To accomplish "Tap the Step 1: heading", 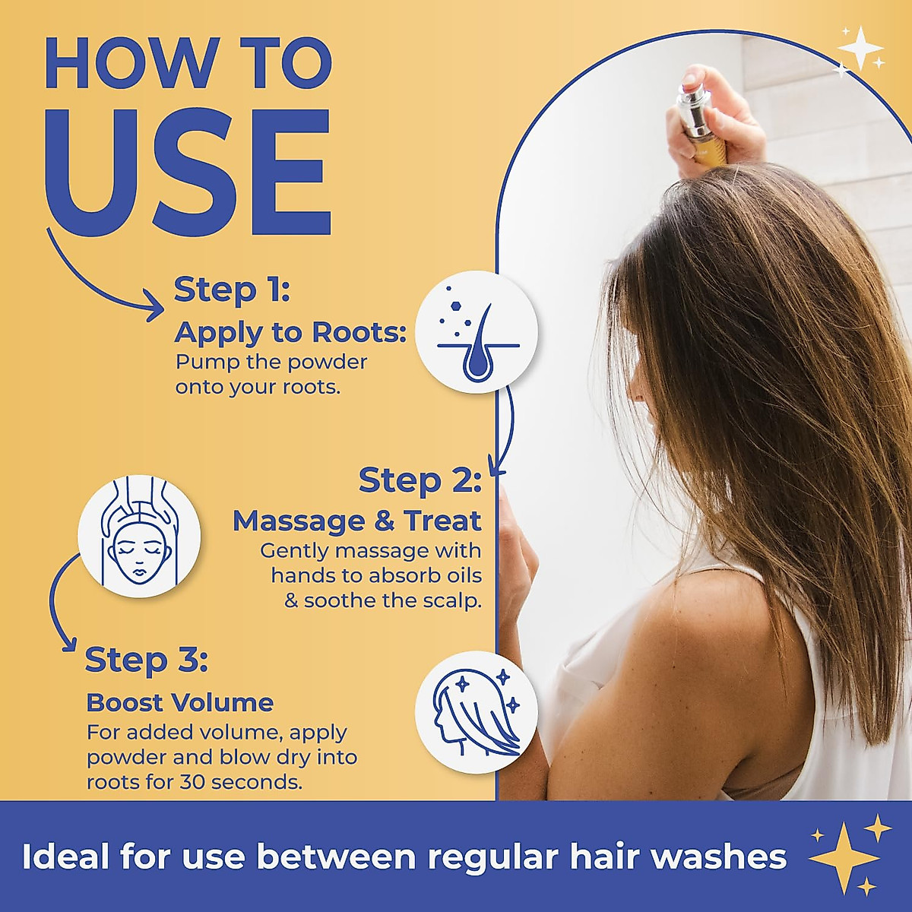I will (x=232, y=290).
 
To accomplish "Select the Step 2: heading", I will (x=420, y=480).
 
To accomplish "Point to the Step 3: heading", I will (x=146, y=660).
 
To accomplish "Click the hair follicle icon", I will (x=477, y=331).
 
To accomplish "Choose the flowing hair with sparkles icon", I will (x=477, y=711).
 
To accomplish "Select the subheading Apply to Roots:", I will (x=290, y=333).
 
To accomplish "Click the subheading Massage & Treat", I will (x=356, y=521).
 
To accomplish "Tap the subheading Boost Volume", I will (x=179, y=702).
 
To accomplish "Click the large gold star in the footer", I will (x=844, y=857).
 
